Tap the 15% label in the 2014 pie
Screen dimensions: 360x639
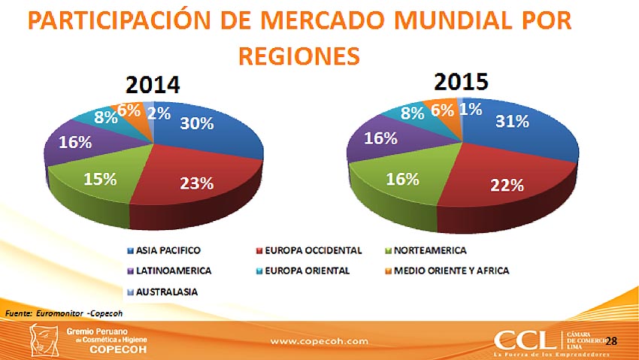[100, 179]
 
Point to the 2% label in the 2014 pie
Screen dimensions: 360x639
[158, 113]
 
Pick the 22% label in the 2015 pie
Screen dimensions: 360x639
[507, 185]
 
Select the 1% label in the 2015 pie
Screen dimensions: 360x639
[471, 109]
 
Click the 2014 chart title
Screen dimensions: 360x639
[153, 83]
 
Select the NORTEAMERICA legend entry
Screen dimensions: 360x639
[429, 250]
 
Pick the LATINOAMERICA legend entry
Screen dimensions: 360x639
[169, 270]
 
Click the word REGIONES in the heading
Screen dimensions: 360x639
[298, 55]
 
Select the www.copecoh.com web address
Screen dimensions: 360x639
[319, 340]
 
